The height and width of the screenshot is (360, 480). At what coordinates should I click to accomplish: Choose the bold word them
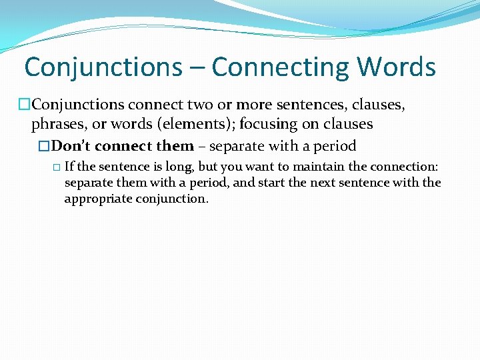click(175, 145)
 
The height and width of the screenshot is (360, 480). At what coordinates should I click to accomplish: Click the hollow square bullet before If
click(56, 167)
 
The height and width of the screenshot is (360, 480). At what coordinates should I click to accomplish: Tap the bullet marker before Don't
click(45, 146)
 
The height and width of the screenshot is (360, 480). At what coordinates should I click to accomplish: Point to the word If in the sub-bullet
click(69, 167)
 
